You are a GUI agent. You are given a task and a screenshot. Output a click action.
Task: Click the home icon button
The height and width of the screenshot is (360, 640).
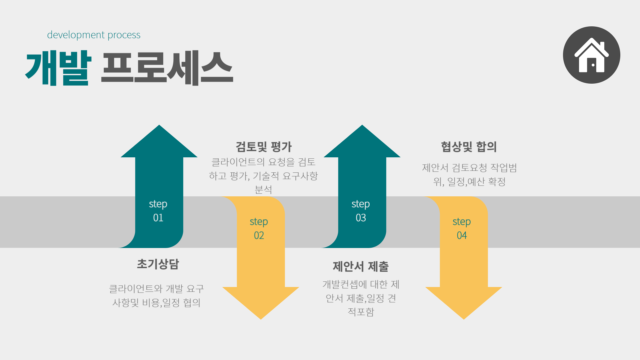pyautogui.click(x=591, y=55)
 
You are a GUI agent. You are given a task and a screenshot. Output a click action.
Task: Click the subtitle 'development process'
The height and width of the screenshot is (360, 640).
pyautogui.click(x=94, y=35)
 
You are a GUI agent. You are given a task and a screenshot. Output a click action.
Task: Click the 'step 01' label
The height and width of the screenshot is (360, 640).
pyautogui.click(x=158, y=211)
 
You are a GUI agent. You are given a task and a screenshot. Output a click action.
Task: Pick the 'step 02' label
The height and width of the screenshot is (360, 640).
pyautogui.click(x=259, y=228)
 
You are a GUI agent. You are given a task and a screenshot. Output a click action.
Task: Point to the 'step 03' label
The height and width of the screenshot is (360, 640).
pyautogui.click(x=361, y=211)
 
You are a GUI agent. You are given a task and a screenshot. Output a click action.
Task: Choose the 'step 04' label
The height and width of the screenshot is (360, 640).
pyautogui.click(x=462, y=228)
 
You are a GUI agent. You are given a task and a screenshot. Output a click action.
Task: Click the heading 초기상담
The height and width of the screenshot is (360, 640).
pyautogui.click(x=158, y=264)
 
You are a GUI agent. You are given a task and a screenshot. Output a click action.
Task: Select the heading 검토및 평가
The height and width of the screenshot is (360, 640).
pyautogui.click(x=264, y=147)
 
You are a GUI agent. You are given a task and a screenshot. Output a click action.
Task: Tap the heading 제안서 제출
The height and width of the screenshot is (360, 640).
pyautogui.click(x=361, y=266)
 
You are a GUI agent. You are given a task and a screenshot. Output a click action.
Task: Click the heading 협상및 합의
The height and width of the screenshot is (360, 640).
pyautogui.click(x=469, y=147)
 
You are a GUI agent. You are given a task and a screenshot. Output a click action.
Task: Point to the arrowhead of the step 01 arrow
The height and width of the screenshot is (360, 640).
pyautogui.click(x=159, y=142)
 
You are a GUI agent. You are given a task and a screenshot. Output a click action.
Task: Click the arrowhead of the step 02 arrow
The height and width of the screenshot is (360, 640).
pyautogui.click(x=261, y=302)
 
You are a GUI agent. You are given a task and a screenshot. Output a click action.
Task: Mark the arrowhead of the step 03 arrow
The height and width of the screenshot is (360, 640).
pyautogui.click(x=362, y=142)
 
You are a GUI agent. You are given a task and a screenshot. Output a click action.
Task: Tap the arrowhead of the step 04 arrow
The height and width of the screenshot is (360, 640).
pyautogui.click(x=463, y=302)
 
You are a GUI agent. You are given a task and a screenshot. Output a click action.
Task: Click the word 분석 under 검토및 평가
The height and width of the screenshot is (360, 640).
pyautogui.click(x=263, y=190)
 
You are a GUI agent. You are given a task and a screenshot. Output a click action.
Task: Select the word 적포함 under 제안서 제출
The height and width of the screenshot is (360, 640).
pyautogui.click(x=361, y=312)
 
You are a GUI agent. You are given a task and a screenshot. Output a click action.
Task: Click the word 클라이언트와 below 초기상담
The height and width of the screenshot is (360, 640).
pyautogui.click(x=136, y=289)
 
